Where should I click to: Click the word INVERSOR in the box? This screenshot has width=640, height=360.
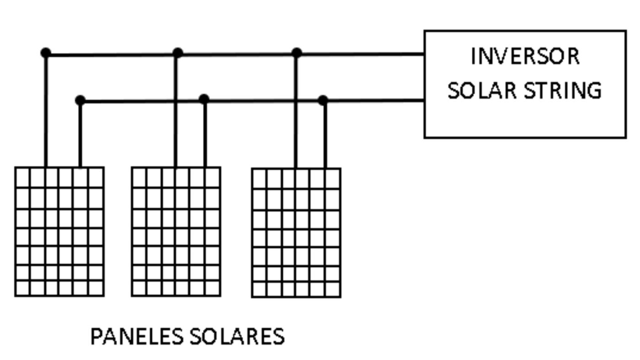coord(525,56)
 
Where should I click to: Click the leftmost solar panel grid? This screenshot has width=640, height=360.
coord(59,231)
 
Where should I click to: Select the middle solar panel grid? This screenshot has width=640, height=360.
coord(176,231)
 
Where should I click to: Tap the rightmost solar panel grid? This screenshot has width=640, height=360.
coord(296,233)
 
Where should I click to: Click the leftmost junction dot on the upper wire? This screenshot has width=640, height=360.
coord(46,53)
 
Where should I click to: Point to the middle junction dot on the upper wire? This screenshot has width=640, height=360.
coord(178,53)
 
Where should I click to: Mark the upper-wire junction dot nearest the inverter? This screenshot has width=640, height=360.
coord(297,53)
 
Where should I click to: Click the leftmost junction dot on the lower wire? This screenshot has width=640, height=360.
coord(80,100)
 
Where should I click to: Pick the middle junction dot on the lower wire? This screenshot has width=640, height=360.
coord(204,99)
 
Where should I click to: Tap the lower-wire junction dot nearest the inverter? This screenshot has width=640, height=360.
coord(323,100)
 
